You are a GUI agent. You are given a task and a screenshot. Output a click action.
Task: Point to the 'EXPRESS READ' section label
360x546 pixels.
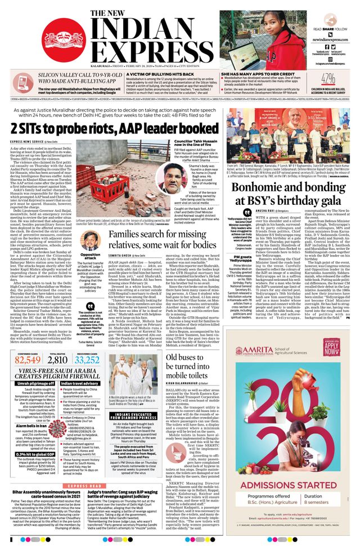pyautogui.click(x=84, y=486)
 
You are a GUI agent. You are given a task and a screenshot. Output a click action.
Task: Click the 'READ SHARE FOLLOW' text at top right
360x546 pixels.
pyautogui.click(x=329, y=28)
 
